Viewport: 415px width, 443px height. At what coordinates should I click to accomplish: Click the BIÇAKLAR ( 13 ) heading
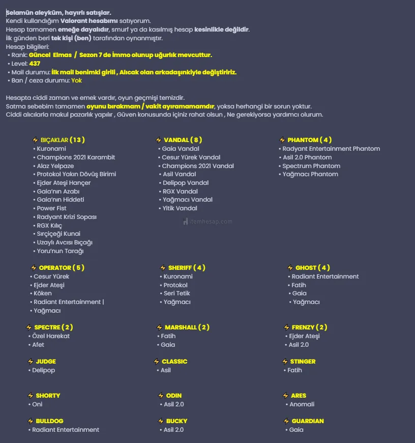[62, 140]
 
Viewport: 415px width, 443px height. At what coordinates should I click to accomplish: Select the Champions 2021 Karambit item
[76, 157]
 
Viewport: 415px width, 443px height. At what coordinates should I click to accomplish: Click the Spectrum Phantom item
[311, 166]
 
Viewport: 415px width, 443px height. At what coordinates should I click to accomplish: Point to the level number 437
[35, 64]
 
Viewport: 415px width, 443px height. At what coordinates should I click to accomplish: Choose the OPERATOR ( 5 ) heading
[61, 267]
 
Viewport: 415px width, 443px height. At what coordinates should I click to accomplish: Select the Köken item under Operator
[43, 293]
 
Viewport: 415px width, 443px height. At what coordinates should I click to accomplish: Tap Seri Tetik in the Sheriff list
[176, 293]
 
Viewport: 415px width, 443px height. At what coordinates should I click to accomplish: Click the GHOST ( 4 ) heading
[312, 267]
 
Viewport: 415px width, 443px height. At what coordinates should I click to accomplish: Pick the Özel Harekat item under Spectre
[51, 336]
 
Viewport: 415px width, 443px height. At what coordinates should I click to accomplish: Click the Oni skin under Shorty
[37, 404]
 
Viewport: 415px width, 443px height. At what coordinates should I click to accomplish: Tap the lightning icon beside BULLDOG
[31, 421]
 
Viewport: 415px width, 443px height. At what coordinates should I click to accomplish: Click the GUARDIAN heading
[307, 421]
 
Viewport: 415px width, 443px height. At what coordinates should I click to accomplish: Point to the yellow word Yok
[76, 80]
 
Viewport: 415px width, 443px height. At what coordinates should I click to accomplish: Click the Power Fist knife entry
[51, 208]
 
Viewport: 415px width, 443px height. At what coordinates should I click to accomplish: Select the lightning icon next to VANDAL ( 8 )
[159, 140]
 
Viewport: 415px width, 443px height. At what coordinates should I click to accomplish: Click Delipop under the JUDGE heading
[43, 370]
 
